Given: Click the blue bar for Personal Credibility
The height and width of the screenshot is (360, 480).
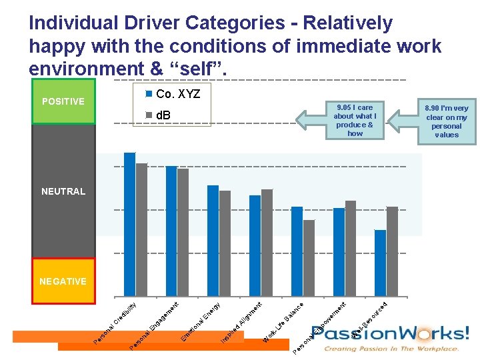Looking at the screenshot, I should [129, 224].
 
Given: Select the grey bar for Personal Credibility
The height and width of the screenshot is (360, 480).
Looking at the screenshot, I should [141, 229].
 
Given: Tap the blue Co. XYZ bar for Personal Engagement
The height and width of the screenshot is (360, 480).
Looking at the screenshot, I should [171, 231].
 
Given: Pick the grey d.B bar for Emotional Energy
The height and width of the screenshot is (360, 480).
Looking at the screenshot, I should [225, 243].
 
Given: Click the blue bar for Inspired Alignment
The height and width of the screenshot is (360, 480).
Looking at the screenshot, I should [255, 245].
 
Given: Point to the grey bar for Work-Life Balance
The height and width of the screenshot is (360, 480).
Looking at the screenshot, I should [309, 258].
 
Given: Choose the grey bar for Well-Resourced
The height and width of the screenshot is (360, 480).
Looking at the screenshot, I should [392, 251].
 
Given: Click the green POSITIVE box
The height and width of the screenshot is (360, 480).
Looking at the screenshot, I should [63, 101].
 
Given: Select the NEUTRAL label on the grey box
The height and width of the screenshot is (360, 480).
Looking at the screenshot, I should [63, 191].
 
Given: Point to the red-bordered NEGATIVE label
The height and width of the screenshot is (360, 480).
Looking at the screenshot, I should [63, 281].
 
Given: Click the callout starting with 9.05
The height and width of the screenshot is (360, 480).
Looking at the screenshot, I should [355, 120].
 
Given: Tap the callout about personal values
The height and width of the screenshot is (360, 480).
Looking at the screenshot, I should [447, 121].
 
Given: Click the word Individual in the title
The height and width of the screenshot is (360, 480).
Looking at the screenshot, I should [69, 23].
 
